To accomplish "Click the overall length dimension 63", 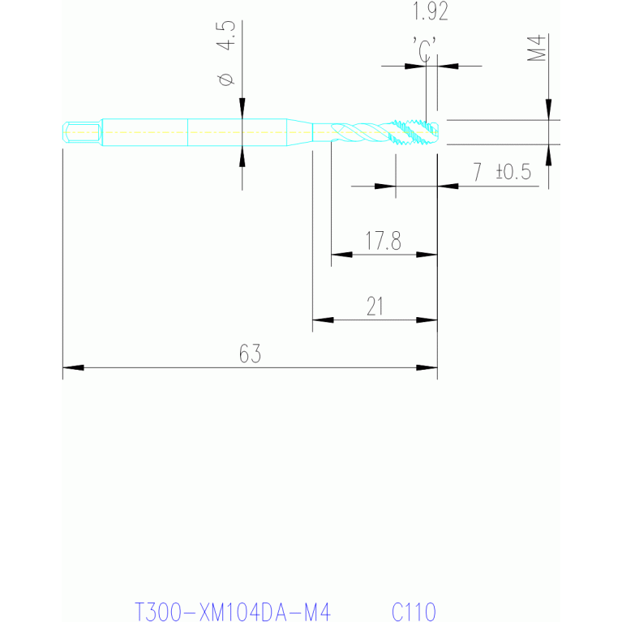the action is pyautogui.click(x=250, y=354).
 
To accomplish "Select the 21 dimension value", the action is pyautogui.click(x=375, y=307).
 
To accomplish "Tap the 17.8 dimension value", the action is pyautogui.click(x=383, y=240).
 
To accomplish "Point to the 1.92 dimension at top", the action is pyautogui.click(x=431, y=11).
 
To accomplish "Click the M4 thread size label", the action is pyautogui.click(x=536, y=48).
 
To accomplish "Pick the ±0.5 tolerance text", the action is pyautogui.click(x=513, y=172).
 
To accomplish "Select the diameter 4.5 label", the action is pyautogui.click(x=225, y=54).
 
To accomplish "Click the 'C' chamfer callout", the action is pyautogui.click(x=424, y=50).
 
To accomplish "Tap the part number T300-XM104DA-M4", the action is pyautogui.click(x=233, y=611).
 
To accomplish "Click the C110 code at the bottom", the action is pyautogui.click(x=414, y=611).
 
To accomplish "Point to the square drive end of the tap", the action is pyautogui.click(x=81, y=132).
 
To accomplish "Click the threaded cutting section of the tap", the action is pyautogui.click(x=414, y=132).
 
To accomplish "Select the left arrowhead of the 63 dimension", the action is pyautogui.click(x=73, y=367).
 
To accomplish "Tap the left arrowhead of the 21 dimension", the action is pyautogui.click(x=323, y=320).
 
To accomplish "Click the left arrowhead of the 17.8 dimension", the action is pyautogui.click(x=341, y=255).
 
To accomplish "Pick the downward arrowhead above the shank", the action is pyautogui.click(x=242, y=109).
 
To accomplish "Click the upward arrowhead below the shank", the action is pyautogui.click(x=242, y=157).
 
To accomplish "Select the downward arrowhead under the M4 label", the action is pyautogui.click(x=549, y=109).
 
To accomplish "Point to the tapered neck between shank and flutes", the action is pyautogui.click(x=299, y=132).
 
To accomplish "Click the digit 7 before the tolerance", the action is pyautogui.click(x=477, y=172).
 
